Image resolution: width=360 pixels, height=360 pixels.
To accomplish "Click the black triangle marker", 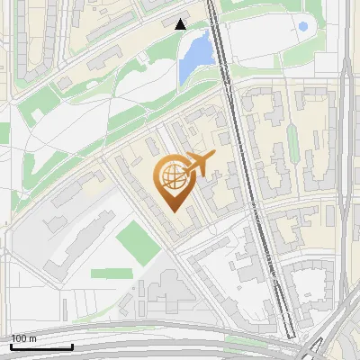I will coord(181,24).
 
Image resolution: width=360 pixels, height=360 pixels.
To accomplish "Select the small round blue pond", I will coord(303,27).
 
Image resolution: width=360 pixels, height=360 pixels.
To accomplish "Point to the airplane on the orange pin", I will coord(201,164).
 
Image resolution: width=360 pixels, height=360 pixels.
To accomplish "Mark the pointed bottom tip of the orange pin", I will coord(172,211).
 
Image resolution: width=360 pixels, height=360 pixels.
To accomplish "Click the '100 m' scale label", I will coord(24,338).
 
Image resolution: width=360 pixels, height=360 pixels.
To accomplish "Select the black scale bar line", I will coord(41,346).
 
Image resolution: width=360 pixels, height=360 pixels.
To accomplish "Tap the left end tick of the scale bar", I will coord(11,345).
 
